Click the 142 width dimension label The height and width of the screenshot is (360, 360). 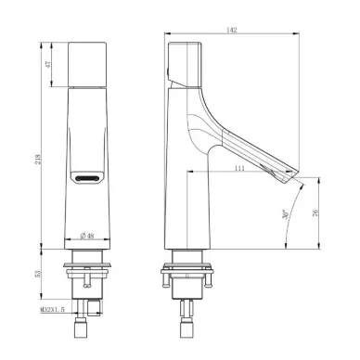tap(232, 30)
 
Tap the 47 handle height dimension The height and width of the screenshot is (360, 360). tap(47, 64)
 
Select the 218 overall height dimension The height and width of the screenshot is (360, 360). tap(37, 160)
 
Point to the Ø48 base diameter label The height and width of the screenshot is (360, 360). tap(87, 236)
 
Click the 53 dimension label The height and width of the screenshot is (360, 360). tap(38, 274)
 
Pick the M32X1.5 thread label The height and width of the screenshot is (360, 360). tap(52, 309)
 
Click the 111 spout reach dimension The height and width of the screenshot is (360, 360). tap(239, 168)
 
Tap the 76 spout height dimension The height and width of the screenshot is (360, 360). tap(315, 212)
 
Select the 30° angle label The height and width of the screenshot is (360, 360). tap(286, 214)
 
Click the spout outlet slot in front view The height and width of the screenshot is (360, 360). tap(87, 178)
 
